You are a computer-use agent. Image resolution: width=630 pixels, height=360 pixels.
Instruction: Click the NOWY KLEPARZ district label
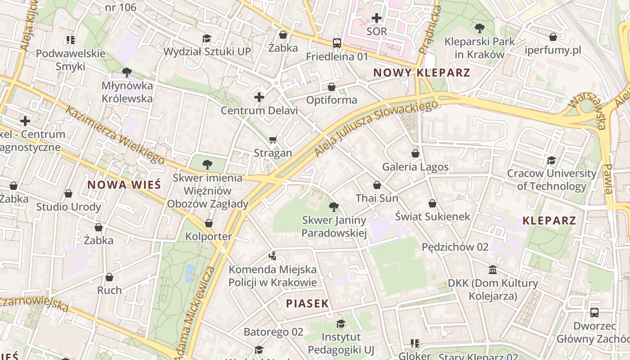pos(422,72)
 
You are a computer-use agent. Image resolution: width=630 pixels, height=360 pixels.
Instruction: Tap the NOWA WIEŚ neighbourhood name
pos(124,184)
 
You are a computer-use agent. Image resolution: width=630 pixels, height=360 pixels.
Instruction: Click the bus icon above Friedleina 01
pos(337,43)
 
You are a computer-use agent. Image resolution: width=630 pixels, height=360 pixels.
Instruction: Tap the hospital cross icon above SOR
pos(377,18)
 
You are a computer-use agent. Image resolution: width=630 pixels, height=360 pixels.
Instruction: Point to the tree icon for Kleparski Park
pos(479,28)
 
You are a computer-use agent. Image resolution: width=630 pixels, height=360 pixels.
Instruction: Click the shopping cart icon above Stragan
pos(273,140)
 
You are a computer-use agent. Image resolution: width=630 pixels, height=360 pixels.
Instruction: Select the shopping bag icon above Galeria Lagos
pos(415,153)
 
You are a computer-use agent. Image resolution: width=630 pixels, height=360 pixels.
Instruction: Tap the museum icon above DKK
pos(493,270)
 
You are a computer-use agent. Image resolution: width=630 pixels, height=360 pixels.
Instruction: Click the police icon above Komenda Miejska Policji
pos(272,256)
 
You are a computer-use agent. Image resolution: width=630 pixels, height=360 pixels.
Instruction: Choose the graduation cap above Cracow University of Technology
pos(551,160)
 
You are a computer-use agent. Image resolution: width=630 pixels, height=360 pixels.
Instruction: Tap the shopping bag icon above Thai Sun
pos(377,185)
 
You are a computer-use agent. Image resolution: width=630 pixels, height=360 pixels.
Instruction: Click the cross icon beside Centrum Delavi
pos(259,97)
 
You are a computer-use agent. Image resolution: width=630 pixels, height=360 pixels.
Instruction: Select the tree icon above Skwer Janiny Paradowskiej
pos(333,207)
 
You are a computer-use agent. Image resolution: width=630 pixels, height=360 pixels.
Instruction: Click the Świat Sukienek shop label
pos(432,216)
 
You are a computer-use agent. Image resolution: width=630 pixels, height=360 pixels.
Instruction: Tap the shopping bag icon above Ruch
pos(109,277)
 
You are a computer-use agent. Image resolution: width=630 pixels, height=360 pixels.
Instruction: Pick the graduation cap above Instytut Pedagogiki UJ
pos(341,324)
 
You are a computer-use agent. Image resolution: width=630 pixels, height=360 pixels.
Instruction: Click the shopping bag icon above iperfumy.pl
pos(553,37)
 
